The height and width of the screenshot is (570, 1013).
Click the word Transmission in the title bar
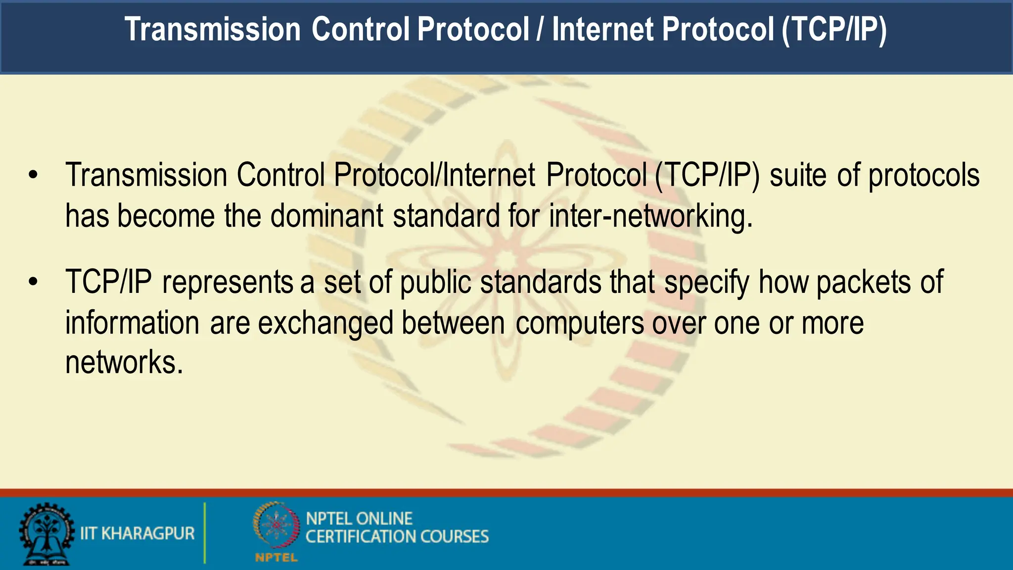(x=212, y=29)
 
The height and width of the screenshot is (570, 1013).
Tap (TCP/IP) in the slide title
(x=834, y=29)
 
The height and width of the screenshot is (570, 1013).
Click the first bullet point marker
(x=33, y=175)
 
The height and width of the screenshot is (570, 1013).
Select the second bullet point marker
(x=33, y=282)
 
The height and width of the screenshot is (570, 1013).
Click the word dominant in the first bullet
(x=326, y=216)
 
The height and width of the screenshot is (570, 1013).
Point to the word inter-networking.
(x=650, y=216)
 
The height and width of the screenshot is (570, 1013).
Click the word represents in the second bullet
(x=228, y=283)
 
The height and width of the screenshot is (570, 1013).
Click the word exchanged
(x=325, y=323)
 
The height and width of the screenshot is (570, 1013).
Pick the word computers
(x=580, y=323)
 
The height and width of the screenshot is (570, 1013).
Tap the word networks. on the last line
(x=124, y=363)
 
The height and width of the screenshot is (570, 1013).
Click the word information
(x=132, y=323)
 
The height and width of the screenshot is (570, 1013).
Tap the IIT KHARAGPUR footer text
(x=138, y=533)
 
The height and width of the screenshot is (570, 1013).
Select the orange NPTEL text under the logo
(x=276, y=558)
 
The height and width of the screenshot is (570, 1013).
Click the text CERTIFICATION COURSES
(x=397, y=537)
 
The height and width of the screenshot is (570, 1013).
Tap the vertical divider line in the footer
(x=204, y=533)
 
